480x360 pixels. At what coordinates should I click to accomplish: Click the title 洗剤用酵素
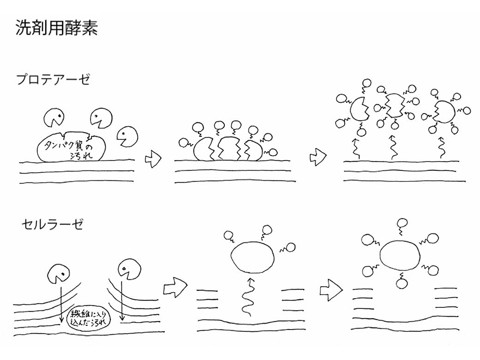click(56, 29)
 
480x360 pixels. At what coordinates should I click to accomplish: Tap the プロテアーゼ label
click(53, 79)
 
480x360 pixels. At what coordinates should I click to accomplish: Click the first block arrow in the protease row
click(153, 159)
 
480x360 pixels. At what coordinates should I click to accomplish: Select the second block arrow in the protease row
click(318, 157)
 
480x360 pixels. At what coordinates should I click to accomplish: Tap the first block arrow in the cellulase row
click(175, 288)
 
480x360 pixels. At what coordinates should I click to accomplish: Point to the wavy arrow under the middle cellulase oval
click(248, 298)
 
